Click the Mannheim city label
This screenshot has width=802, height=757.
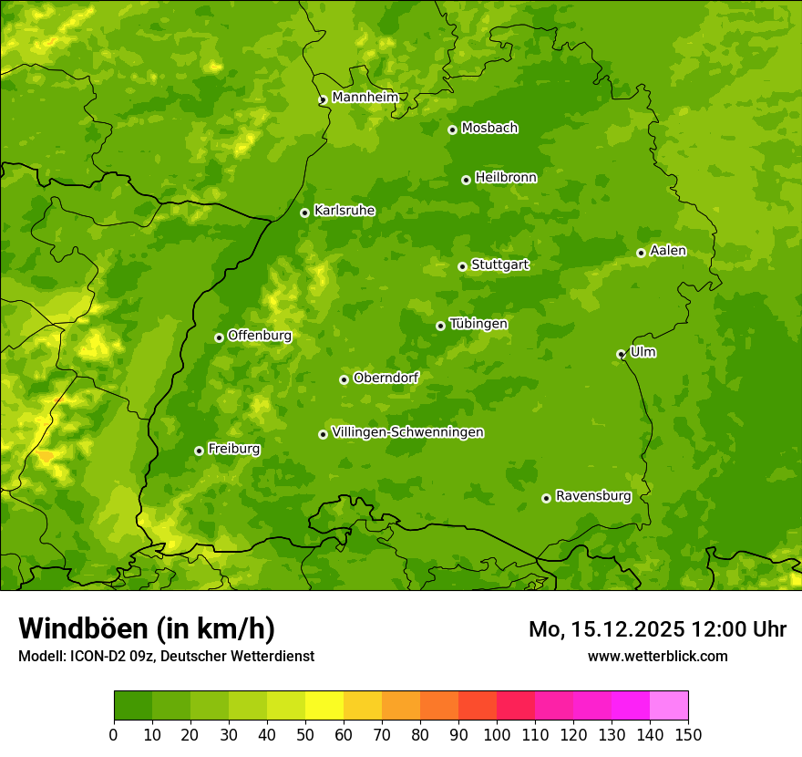(x=365, y=98)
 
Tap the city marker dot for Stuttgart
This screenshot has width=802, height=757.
(x=462, y=266)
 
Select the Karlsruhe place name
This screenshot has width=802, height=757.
(x=344, y=211)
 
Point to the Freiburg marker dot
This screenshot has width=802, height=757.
(x=199, y=451)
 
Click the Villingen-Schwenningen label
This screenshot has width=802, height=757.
(x=407, y=432)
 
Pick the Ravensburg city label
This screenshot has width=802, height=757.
(x=593, y=496)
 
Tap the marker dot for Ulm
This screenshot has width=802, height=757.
(x=621, y=354)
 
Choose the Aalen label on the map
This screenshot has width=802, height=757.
(x=668, y=251)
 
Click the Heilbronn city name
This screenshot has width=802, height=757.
(x=506, y=178)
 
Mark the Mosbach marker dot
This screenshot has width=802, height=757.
(x=452, y=130)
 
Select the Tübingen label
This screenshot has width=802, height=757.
(x=478, y=324)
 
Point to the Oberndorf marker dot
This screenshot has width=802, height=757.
(x=344, y=379)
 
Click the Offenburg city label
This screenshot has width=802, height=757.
(x=260, y=336)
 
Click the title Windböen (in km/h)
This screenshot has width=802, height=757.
(x=147, y=628)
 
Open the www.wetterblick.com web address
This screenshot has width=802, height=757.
(x=657, y=656)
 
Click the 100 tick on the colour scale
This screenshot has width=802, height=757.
(x=497, y=734)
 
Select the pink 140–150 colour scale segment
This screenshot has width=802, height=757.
(x=669, y=706)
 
